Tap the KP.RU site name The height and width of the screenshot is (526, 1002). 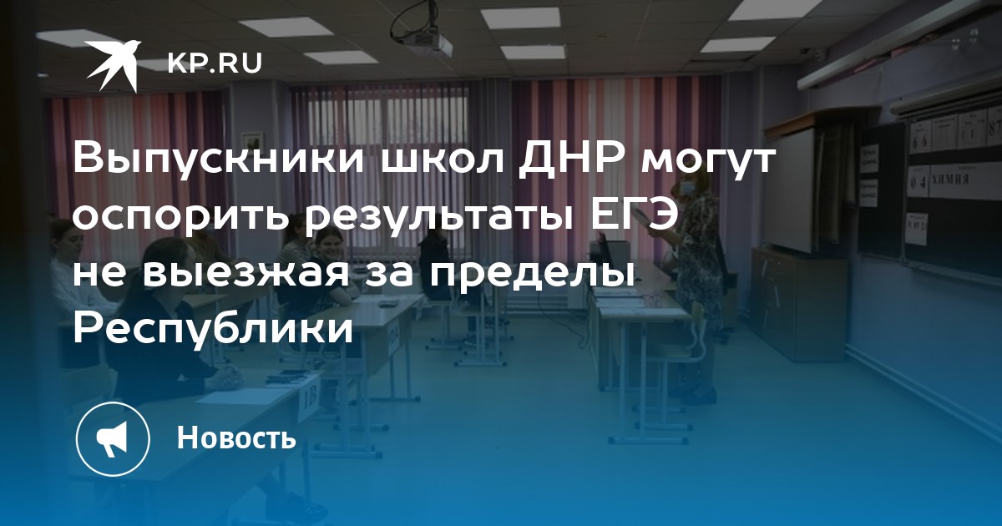tap(215, 63)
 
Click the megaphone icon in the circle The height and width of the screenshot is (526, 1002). tap(113, 438)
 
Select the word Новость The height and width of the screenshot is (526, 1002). tap(236, 437)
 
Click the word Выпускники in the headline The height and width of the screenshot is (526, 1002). tap(219, 160)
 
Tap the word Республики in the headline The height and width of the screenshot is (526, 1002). tap(214, 330)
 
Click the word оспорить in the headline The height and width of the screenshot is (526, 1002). tap(180, 218)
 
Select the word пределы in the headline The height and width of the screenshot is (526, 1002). tap(532, 274)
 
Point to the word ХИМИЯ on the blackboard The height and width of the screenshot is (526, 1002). tap(950, 180)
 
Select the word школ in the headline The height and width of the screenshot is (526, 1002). tap(441, 160)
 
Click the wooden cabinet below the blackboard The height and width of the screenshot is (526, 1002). tap(799, 303)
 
